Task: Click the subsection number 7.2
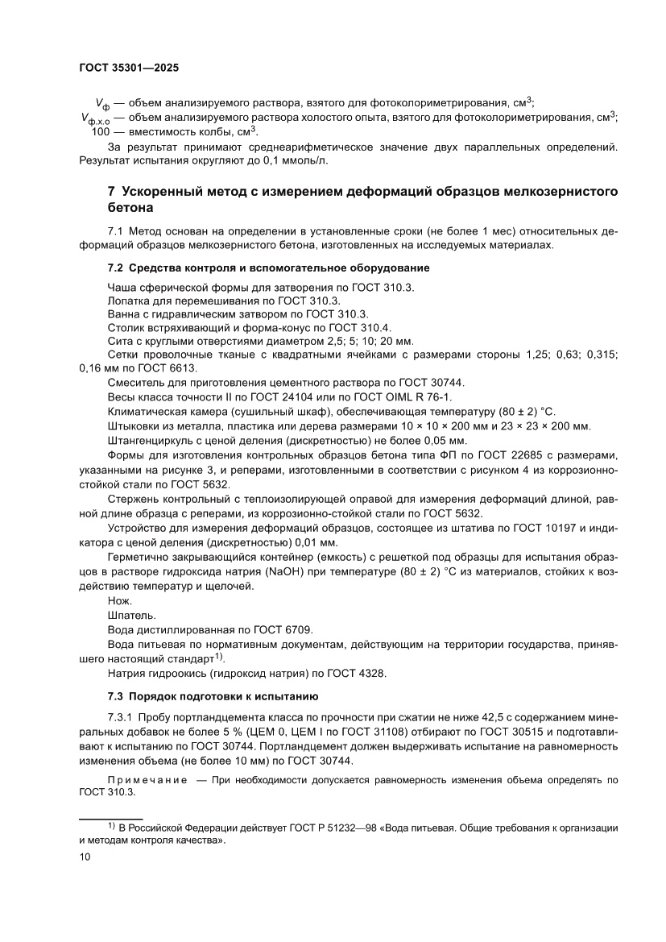pos(117,268)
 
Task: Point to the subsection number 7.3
pos(117,695)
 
